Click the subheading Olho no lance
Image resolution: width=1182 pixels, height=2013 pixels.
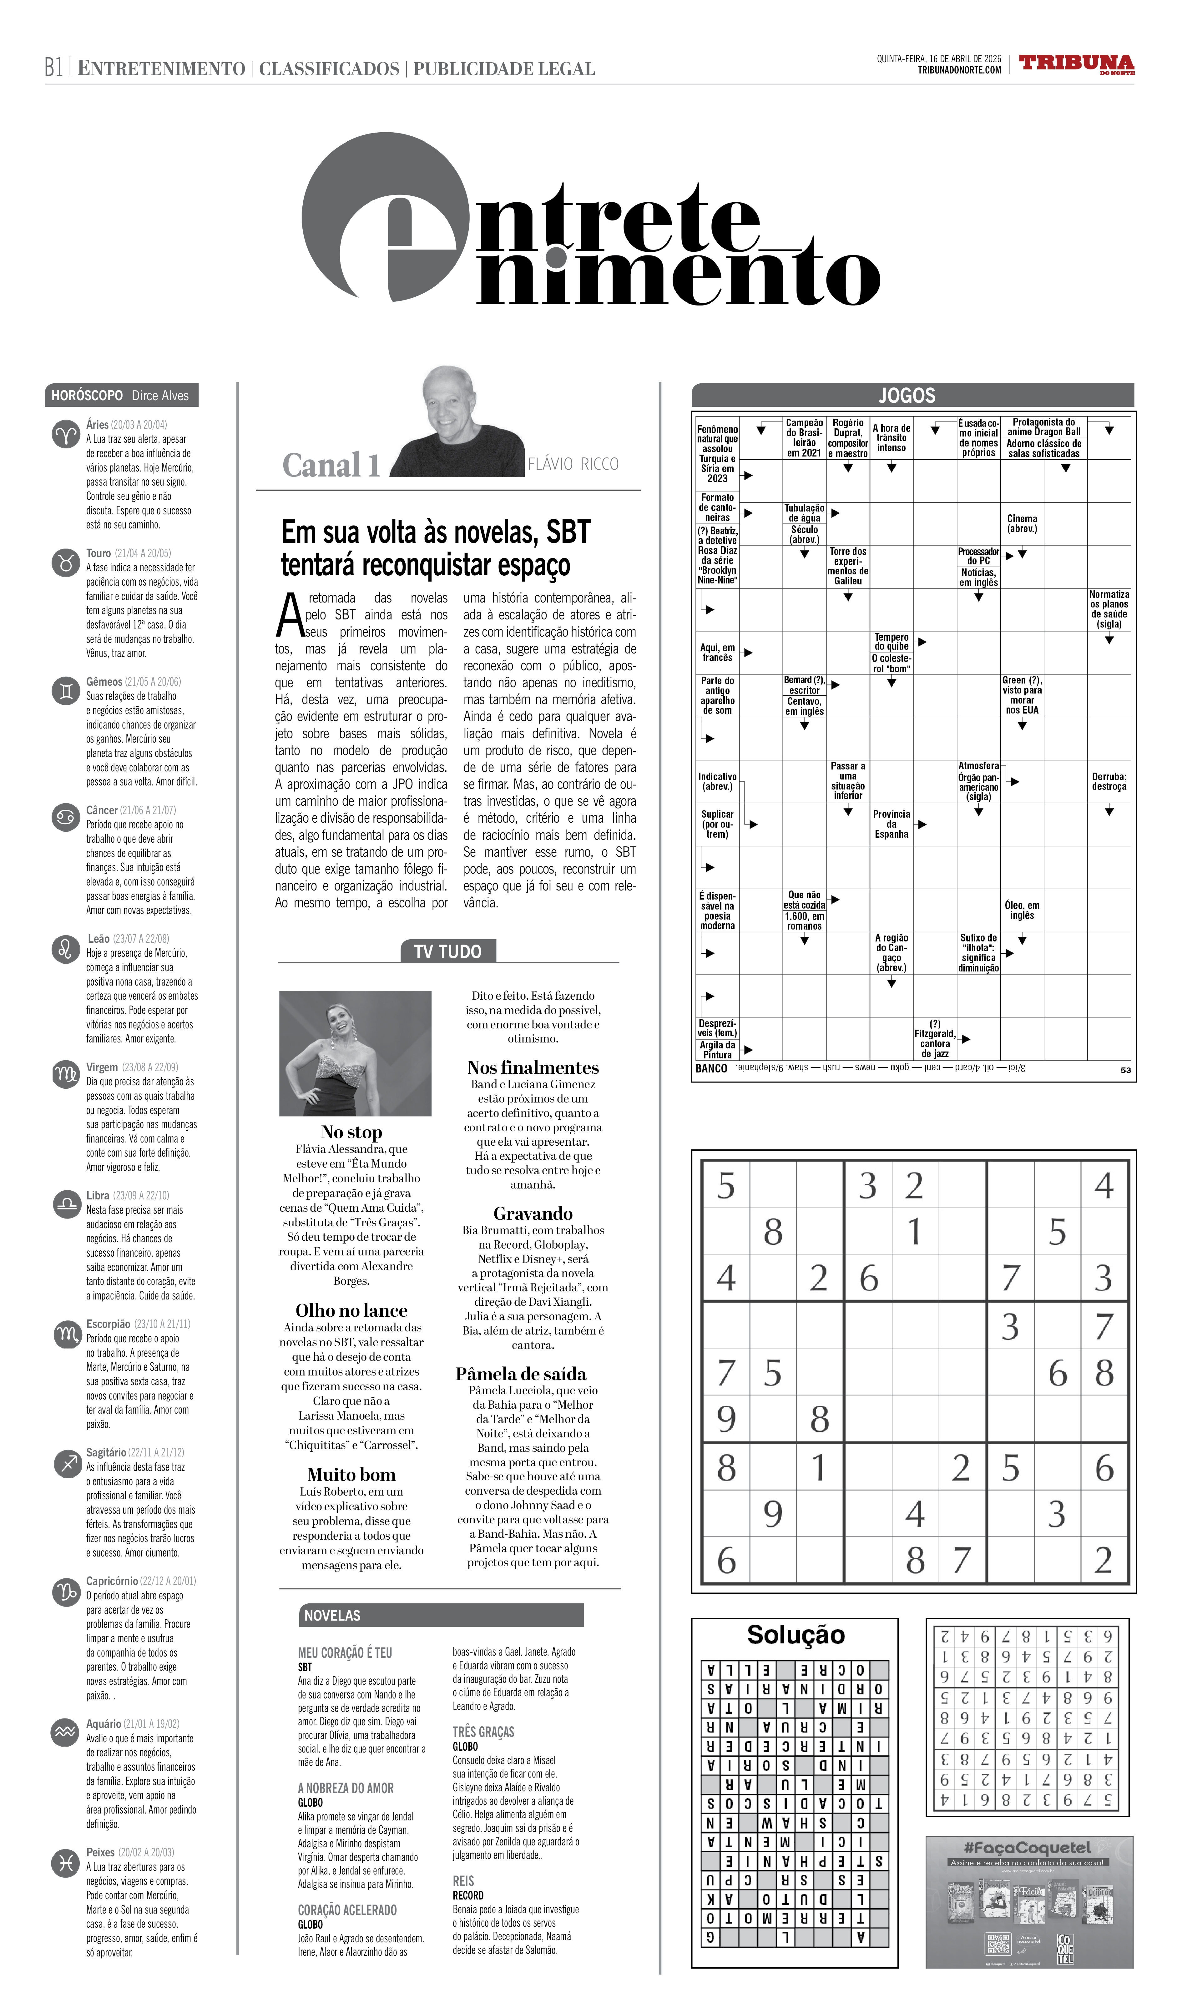[351, 1310]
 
